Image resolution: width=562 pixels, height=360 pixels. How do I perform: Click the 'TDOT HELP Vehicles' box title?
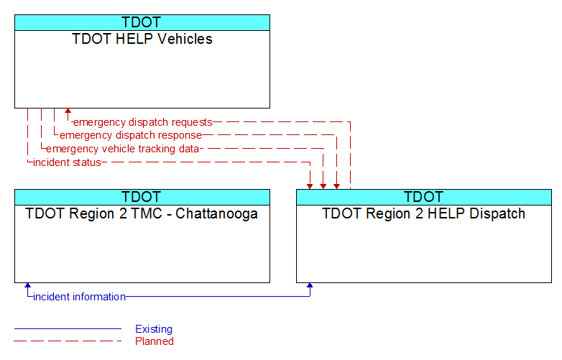[x=142, y=39]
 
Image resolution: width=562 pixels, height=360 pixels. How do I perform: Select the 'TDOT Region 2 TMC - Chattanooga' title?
[x=142, y=213]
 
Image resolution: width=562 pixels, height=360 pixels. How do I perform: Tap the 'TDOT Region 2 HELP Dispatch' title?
[x=423, y=213]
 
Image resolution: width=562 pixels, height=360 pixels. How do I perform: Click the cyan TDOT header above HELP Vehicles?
[x=142, y=22]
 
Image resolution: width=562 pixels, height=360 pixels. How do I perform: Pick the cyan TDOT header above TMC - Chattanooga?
[x=142, y=198]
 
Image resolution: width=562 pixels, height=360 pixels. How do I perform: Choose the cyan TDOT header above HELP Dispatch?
[x=424, y=198]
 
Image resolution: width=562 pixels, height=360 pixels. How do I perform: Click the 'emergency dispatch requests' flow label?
[x=142, y=122]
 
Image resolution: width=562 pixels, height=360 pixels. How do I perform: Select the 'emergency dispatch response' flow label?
[x=131, y=135]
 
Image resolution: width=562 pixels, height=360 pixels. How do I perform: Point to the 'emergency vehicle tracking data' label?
[x=122, y=149]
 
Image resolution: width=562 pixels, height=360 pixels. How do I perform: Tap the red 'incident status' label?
[x=67, y=162]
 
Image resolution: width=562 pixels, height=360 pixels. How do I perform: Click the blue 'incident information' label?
[x=79, y=297]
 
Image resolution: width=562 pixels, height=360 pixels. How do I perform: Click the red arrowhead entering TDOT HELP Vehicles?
[x=68, y=111]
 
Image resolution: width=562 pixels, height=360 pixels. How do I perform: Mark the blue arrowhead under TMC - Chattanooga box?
[x=27, y=285]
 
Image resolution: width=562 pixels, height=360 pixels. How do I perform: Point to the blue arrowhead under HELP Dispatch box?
[x=310, y=285]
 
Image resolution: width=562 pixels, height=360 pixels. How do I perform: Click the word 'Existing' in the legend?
[x=154, y=329]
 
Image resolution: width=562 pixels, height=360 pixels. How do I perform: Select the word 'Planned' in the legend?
[x=154, y=341]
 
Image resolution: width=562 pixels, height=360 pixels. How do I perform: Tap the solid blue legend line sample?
[x=68, y=328]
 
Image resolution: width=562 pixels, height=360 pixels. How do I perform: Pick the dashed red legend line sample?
[x=68, y=341]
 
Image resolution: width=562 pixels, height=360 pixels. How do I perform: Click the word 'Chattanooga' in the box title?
[x=216, y=213]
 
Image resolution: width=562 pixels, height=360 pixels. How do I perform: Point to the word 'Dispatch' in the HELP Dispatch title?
[x=497, y=213]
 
